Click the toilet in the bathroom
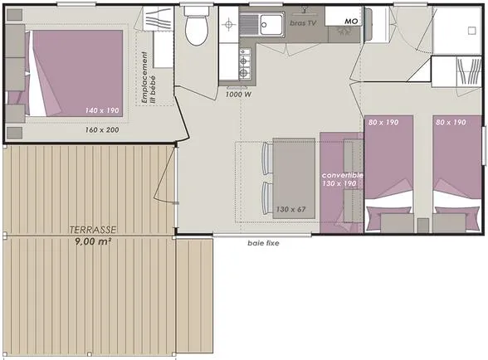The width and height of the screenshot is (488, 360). (x=196, y=27)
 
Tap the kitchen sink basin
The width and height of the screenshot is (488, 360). (x=271, y=25)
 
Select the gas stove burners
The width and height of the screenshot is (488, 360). (x=245, y=64)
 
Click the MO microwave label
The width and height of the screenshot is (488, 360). (x=351, y=22)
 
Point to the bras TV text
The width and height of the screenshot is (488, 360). (x=303, y=23)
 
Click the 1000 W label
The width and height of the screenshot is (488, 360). (x=238, y=95)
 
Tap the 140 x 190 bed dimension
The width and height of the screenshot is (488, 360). (x=102, y=110)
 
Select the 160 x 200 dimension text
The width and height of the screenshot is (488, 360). (x=102, y=129)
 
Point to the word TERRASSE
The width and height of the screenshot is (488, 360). (x=93, y=230)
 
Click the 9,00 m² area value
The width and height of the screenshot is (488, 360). (x=93, y=241)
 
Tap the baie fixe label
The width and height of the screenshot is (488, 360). (x=263, y=243)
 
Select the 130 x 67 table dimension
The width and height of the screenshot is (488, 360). (x=290, y=209)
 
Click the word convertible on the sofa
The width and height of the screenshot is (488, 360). (x=342, y=175)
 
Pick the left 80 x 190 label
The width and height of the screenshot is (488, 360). (x=383, y=122)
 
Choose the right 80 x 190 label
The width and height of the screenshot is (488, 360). (x=451, y=122)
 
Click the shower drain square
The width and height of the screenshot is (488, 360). (x=472, y=31)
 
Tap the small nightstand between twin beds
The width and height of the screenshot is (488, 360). (x=423, y=226)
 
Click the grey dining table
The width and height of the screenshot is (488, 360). (x=294, y=178)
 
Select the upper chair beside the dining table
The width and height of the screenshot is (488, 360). (x=267, y=158)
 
